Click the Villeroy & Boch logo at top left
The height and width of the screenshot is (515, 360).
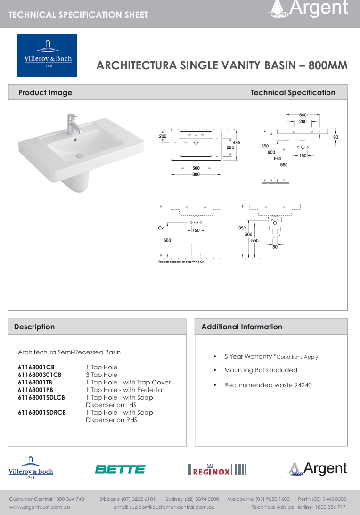[x=47, y=56]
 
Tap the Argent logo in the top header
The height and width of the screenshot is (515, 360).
[x=309, y=8]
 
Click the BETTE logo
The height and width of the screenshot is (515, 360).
[x=120, y=469]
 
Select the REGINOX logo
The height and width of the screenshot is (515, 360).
[x=216, y=469]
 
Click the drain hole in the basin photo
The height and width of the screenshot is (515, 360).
[x=80, y=155]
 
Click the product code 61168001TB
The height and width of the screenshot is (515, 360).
[x=35, y=382]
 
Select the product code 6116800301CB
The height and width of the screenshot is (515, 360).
[x=40, y=375]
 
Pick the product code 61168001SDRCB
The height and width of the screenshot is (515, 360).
[x=42, y=412]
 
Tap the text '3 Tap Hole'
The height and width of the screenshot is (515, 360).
[x=101, y=375]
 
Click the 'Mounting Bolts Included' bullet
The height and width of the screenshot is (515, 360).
[x=261, y=370]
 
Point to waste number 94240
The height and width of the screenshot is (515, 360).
[x=303, y=385]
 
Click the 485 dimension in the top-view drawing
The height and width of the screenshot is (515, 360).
[x=237, y=143]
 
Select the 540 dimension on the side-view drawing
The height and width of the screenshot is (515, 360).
[x=303, y=115]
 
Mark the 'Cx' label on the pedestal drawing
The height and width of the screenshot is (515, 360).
[x=161, y=228]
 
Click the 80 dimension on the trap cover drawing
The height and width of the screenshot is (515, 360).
[x=275, y=247]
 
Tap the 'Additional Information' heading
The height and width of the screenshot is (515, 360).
[x=242, y=327]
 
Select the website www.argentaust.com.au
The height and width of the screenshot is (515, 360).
[x=40, y=507]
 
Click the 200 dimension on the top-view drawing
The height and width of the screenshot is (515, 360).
[x=163, y=136]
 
